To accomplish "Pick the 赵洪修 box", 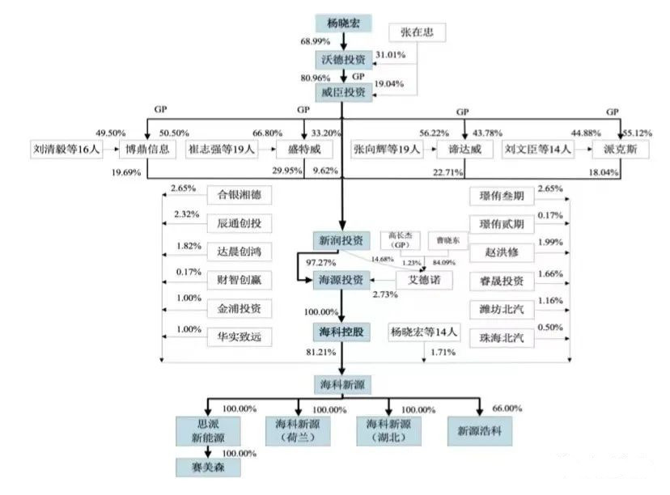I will point(502,252).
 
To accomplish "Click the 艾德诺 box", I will point(423,280).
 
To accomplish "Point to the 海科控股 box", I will point(341,332).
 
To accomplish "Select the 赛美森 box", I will point(209,467).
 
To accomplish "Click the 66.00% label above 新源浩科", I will point(507,408).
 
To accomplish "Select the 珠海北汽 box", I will point(502,337).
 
